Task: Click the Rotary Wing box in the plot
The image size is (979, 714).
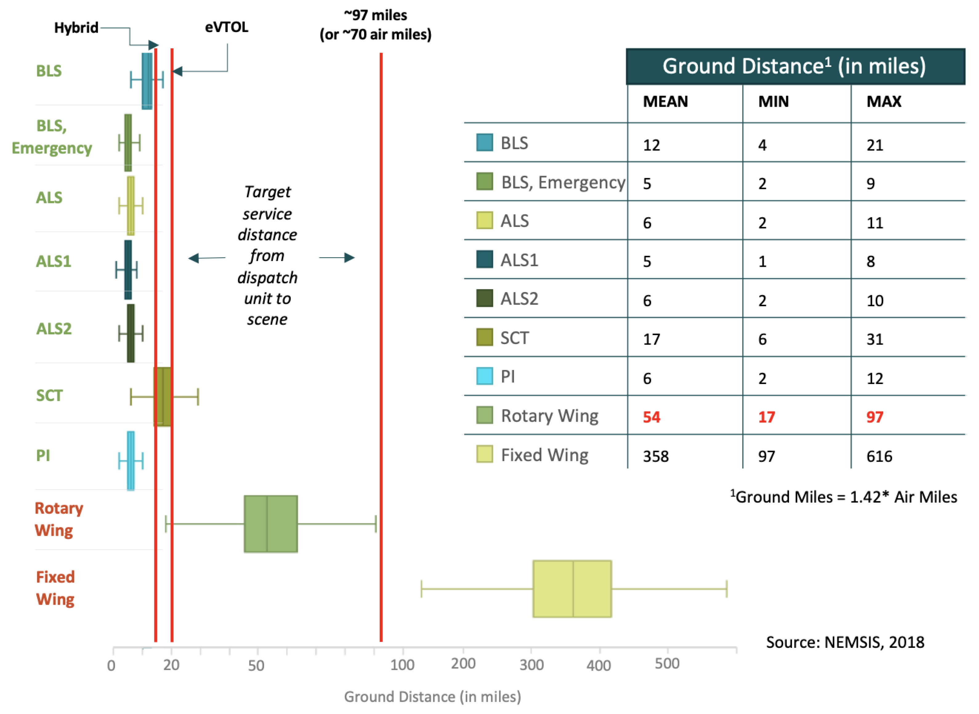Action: [x=271, y=524]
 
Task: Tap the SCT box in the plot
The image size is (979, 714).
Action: [x=162, y=397]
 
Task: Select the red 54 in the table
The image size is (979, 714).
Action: [x=651, y=417]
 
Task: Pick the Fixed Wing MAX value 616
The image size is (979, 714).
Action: [x=879, y=456]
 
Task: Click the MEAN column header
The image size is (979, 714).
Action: [x=665, y=102]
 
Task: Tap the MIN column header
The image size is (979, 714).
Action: [x=773, y=102]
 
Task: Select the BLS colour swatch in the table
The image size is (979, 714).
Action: [x=484, y=142]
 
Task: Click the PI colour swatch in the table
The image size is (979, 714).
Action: [x=484, y=376]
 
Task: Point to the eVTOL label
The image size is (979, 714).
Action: [x=227, y=27]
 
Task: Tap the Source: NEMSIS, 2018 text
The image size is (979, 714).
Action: [x=845, y=642]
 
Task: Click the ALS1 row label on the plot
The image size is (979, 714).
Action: [x=54, y=262]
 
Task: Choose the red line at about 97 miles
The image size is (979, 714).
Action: [x=381, y=346]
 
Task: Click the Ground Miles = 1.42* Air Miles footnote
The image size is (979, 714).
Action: [x=844, y=497]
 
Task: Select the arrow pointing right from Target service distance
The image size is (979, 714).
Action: [x=337, y=258]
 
